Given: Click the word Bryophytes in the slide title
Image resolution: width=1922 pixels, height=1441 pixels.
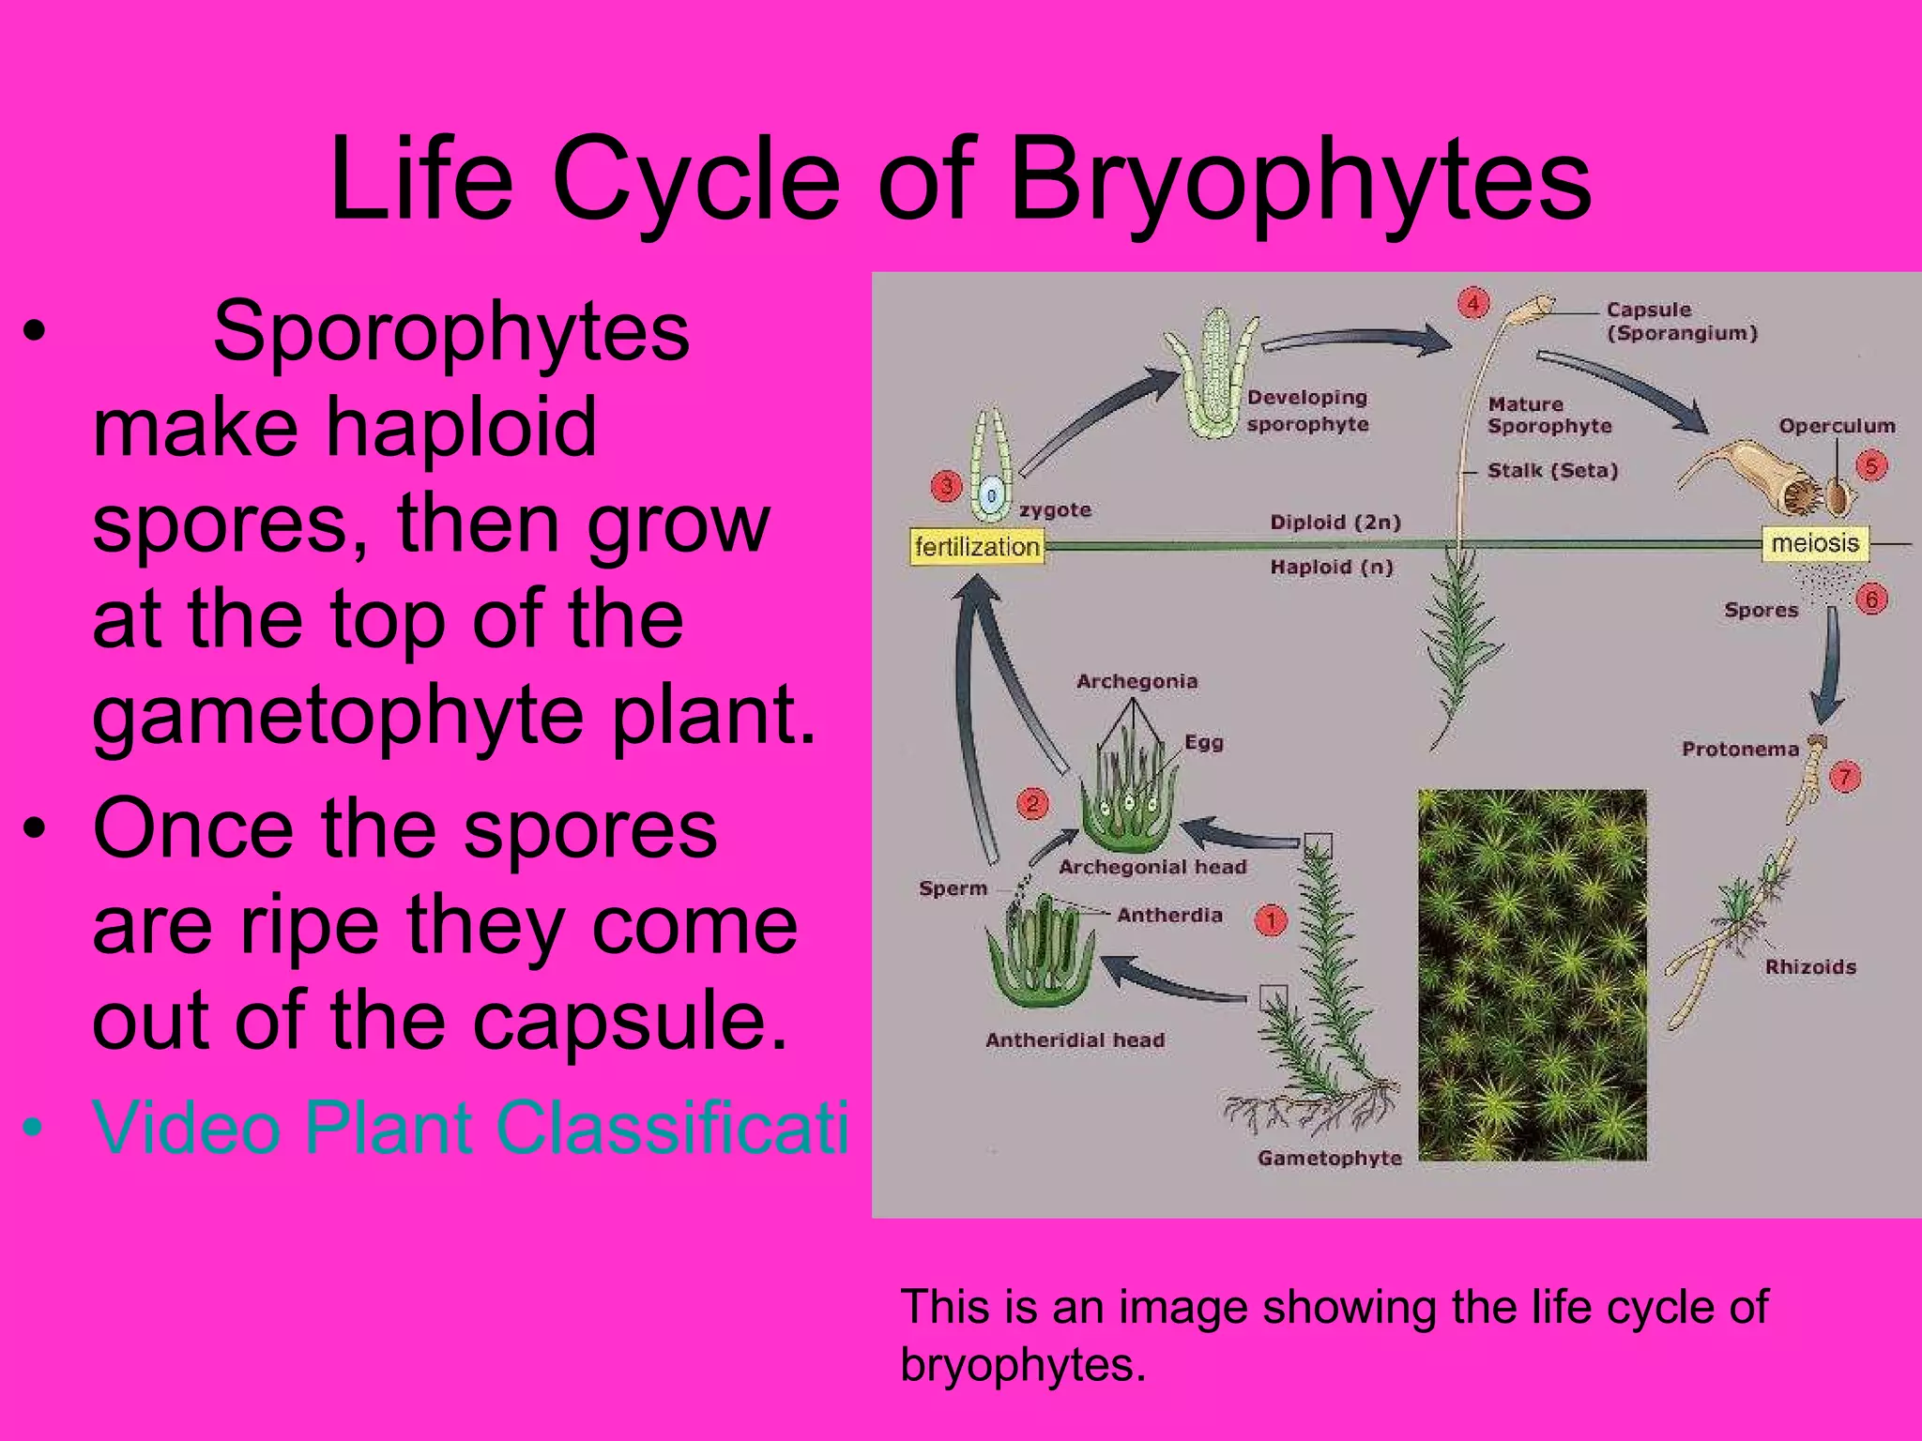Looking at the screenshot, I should tap(1300, 178).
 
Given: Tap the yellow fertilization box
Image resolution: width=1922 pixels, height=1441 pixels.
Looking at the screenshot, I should tap(977, 546).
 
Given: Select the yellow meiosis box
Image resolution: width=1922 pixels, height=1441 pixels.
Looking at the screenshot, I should tap(1815, 543).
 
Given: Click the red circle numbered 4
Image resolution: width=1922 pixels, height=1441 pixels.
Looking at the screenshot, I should tap(1473, 303).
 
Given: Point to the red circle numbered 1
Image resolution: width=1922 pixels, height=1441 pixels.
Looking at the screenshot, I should tap(1271, 920).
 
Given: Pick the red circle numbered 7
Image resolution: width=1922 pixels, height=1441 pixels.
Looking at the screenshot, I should tap(1845, 777).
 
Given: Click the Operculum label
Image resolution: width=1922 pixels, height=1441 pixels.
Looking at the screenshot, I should tap(1837, 426).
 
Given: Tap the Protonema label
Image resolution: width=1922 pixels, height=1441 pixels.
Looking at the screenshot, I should tap(1740, 749).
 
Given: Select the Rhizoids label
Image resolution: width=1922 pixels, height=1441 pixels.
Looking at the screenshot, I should tap(1810, 966).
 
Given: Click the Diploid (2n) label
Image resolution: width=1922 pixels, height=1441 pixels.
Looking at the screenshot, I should tap(1335, 522).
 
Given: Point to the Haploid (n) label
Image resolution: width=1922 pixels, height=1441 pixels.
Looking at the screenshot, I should tap(1331, 567).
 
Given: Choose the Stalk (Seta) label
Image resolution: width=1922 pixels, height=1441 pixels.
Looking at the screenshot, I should tap(1552, 470).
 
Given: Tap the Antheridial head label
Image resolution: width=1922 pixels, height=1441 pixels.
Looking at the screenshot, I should tap(1075, 1039).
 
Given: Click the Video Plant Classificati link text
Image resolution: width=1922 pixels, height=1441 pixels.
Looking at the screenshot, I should tap(469, 1126).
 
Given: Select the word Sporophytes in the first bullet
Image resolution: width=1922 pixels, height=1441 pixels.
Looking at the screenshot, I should tap(450, 330).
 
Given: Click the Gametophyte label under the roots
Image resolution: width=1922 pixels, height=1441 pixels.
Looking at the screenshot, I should tap(1329, 1158).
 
